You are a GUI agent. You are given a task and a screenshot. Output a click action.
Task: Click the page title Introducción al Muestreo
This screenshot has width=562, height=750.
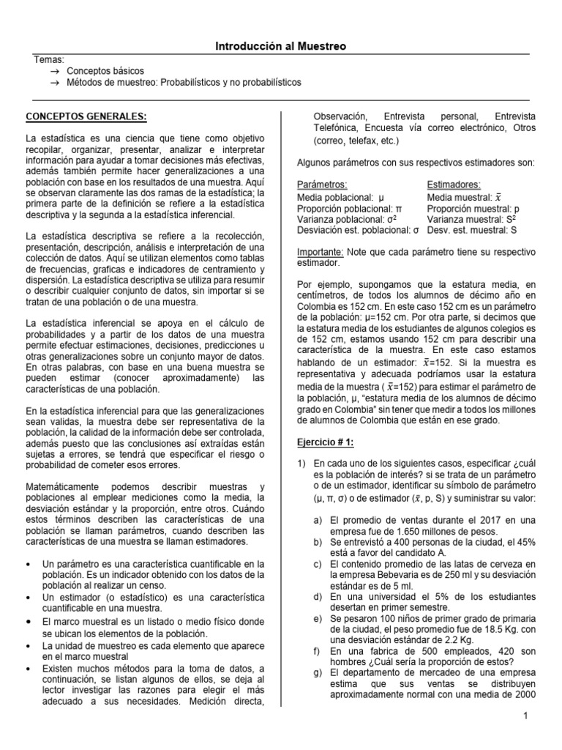point(280,46)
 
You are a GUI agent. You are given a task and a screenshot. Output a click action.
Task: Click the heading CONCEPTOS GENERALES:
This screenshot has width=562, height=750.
point(86,116)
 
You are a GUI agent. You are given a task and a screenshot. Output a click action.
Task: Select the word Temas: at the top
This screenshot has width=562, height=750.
point(49,59)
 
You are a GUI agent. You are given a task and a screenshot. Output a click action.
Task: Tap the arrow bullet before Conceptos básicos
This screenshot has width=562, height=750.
point(53,71)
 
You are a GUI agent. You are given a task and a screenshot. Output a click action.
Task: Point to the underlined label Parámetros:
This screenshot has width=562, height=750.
point(322,185)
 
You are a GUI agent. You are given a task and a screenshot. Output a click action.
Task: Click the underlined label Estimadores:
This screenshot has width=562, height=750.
point(454,185)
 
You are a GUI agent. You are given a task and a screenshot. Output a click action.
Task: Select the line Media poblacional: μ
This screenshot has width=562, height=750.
point(340,198)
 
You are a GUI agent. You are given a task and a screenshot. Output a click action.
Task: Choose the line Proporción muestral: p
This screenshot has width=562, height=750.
point(473,208)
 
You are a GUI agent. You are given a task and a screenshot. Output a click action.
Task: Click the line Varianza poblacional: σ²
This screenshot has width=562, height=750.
point(347,219)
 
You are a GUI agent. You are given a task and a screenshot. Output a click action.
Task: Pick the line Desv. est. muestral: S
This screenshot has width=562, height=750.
point(472,230)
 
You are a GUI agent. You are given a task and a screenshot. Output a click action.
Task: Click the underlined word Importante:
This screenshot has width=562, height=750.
point(320,251)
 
